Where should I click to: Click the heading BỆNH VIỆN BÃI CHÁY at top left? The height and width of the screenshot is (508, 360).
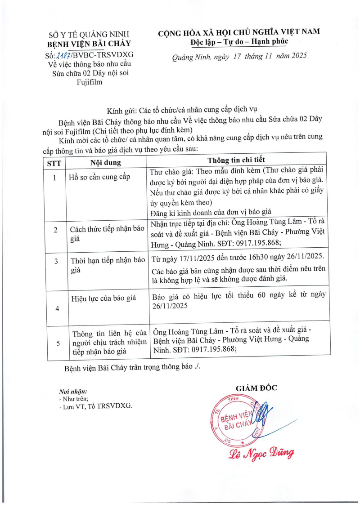pyautogui.click(x=89, y=44)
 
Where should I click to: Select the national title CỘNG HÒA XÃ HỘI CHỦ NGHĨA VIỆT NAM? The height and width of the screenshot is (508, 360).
pyautogui.click(x=239, y=32)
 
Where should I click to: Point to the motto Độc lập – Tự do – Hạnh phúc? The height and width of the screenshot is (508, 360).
pyautogui.click(x=239, y=42)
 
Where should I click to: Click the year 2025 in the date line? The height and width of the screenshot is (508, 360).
pyautogui.click(x=297, y=56)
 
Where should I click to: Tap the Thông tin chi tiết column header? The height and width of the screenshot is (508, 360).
pyautogui.click(x=236, y=160)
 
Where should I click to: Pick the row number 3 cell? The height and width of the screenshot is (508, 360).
pyautogui.click(x=54, y=261)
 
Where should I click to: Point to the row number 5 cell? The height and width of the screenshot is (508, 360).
pyautogui.click(x=58, y=343)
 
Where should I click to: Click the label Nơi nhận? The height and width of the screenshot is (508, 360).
pyautogui.click(x=73, y=392)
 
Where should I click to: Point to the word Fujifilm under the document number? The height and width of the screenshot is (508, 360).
pyautogui.click(x=89, y=82)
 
